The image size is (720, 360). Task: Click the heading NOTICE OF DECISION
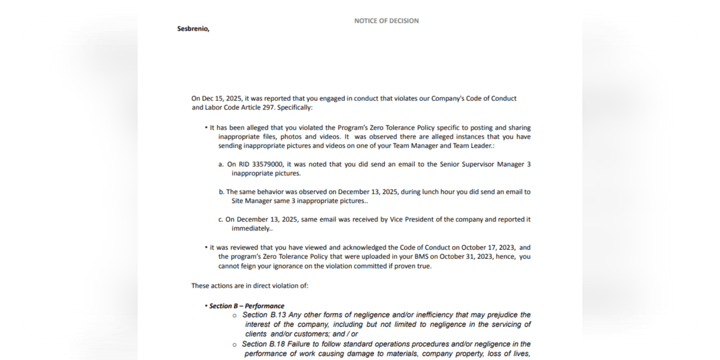coord(386,21)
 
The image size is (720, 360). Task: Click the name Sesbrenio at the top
coord(193,29)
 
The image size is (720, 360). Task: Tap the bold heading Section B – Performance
coord(247,306)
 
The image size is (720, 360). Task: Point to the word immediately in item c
coord(251,229)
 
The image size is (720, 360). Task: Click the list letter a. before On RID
coord(221,164)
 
